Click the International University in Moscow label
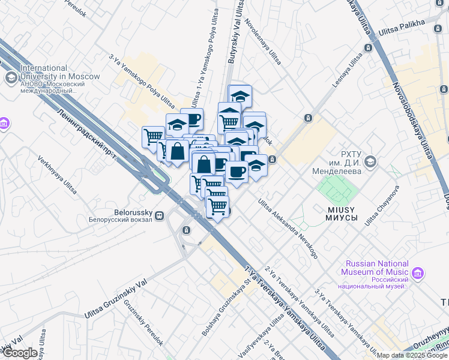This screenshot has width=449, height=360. (60, 73)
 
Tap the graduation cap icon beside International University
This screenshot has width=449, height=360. (11, 77)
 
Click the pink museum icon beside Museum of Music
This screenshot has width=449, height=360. (418, 274)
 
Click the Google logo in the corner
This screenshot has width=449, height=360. (20, 353)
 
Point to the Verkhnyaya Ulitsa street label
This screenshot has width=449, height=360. (58, 175)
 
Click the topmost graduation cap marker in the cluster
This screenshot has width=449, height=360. (240, 96)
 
